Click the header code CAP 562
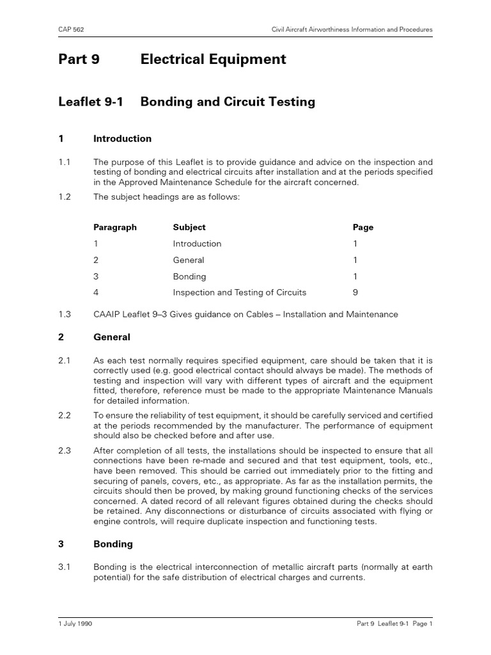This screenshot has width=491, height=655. [x=72, y=29]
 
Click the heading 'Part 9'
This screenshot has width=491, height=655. [x=79, y=59]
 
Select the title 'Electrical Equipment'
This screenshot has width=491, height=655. [x=213, y=59]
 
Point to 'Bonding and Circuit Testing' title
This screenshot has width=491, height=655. [x=228, y=102]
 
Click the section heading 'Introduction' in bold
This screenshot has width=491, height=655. [x=122, y=139]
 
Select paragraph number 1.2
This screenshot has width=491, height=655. [x=65, y=197]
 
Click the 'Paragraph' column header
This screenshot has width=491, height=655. [x=115, y=227]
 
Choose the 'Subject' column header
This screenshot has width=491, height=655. [x=189, y=227]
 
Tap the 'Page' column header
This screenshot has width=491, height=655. [x=363, y=227]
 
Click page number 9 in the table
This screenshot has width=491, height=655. [x=355, y=292]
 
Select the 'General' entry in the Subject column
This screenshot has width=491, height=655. [x=189, y=260]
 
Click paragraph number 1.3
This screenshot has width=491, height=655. [x=65, y=314]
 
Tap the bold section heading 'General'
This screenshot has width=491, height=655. [x=112, y=337]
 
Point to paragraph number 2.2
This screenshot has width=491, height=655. [x=65, y=416]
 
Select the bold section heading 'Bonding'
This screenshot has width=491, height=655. [x=113, y=544]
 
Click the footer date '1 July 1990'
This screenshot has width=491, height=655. [x=75, y=624]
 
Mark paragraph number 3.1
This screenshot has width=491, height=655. [x=65, y=567]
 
